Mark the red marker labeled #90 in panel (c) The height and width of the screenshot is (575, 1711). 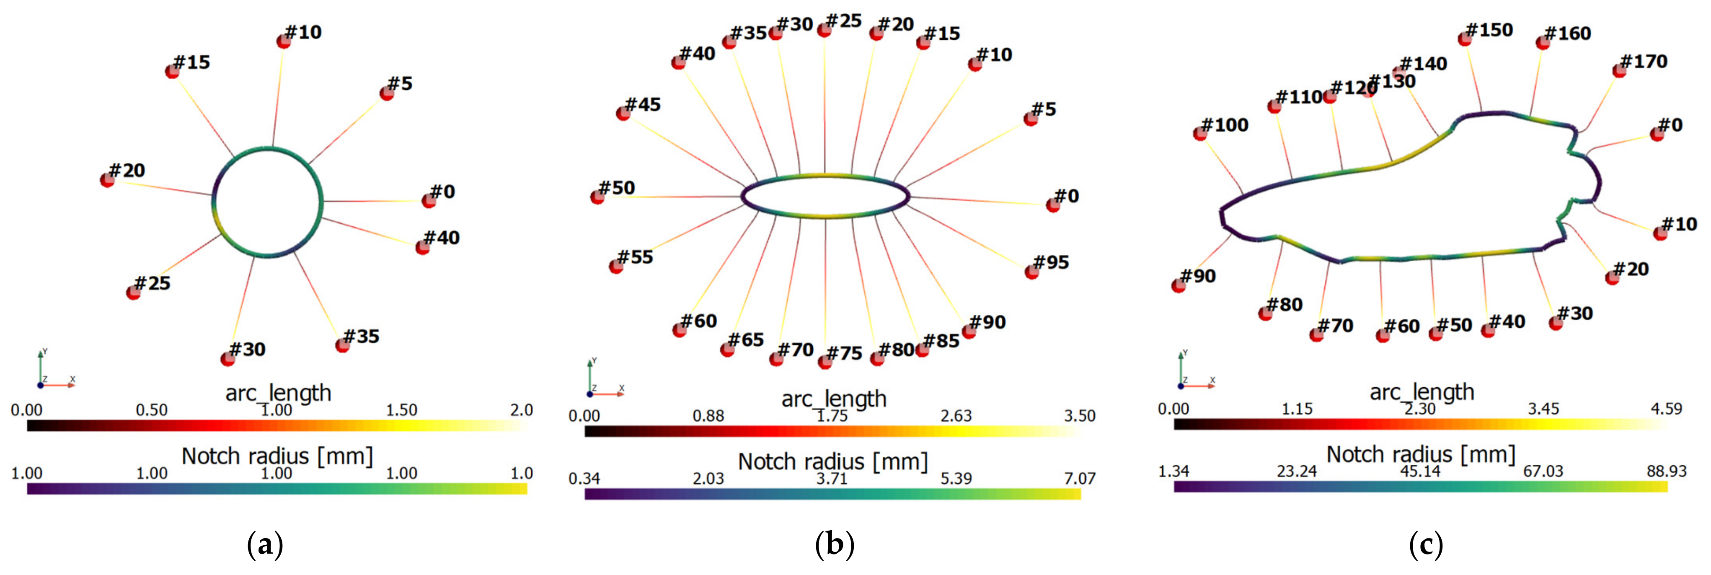point(1179,286)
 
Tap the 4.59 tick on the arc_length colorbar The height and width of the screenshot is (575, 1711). point(1667,409)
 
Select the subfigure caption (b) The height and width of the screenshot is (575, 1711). point(834,546)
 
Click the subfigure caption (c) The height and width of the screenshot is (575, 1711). point(1425,546)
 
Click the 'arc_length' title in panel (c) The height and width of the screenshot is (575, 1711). point(1422,392)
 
